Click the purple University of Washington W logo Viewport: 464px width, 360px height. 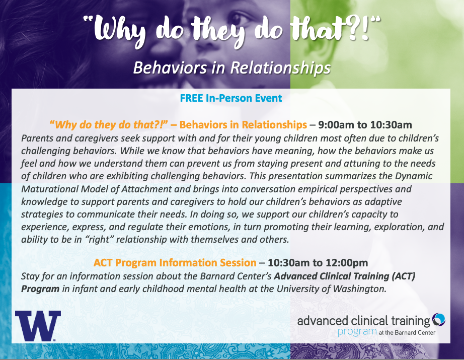[x=38, y=326]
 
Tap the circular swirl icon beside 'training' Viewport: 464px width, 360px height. [x=438, y=320]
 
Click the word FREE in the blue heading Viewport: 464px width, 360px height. [x=191, y=98]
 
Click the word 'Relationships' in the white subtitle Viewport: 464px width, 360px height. [x=280, y=68]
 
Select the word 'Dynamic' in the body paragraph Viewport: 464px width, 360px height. [x=414, y=176]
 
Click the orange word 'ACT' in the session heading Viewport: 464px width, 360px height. [x=103, y=263]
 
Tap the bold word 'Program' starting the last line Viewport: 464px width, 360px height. [x=40, y=289]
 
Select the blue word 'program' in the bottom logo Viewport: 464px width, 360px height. [x=357, y=332]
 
